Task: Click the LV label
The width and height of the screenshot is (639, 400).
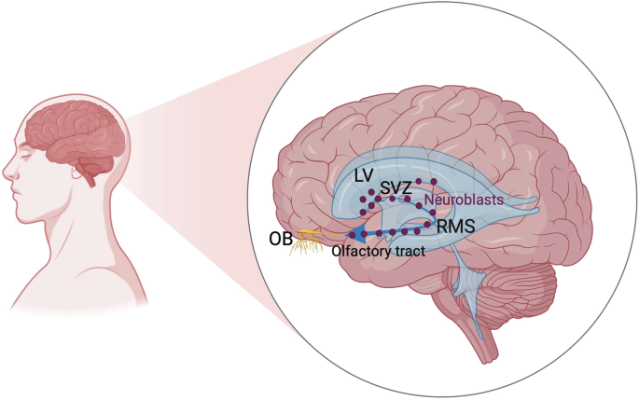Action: [x=366, y=175]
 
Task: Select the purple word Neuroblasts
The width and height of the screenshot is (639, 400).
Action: [x=464, y=200]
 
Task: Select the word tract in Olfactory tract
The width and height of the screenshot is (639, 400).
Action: [x=410, y=250]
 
